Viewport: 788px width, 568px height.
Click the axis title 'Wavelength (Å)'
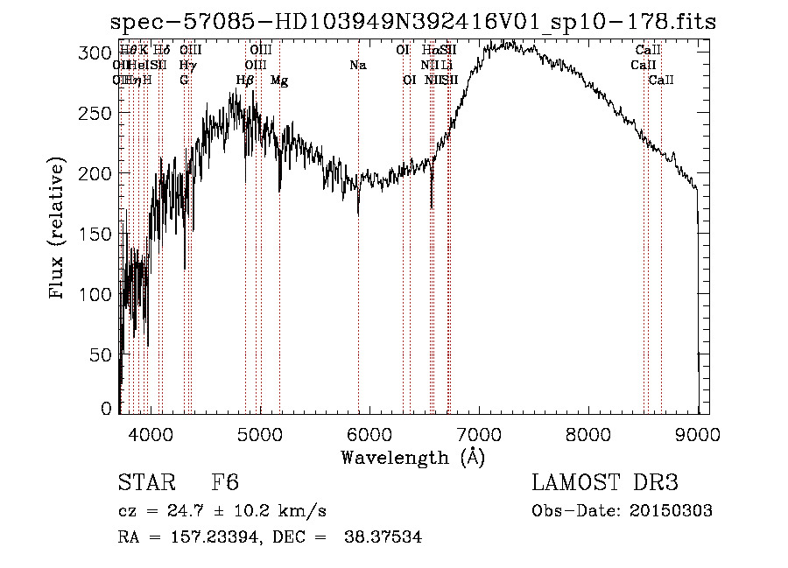[412, 457]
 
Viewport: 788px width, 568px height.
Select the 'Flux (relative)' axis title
[59, 229]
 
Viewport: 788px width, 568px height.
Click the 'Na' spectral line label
[357, 66]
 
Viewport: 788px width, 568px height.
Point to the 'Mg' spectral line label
[279, 81]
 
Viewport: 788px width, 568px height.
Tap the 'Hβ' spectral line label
[245, 81]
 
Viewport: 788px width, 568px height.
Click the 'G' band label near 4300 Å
[185, 81]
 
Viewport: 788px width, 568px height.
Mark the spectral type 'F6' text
[225, 483]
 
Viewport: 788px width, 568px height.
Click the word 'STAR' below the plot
[144, 483]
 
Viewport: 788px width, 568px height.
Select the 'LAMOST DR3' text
[605, 483]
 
